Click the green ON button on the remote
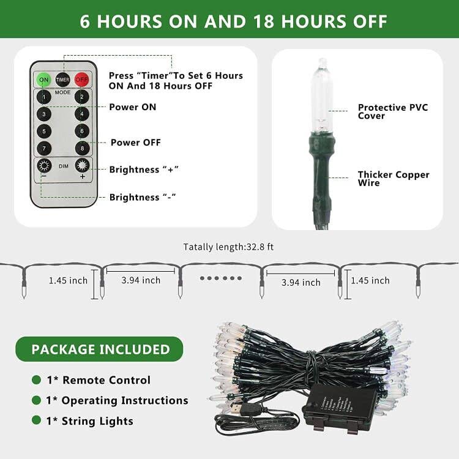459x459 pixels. point(43,80)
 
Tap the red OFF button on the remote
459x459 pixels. point(81,80)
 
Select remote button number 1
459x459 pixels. point(43,97)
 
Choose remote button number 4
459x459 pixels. point(81,114)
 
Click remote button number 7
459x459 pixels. point(43,148)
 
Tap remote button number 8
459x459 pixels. point(81,148)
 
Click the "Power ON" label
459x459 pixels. point(132,107)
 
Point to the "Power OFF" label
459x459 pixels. point(135,143)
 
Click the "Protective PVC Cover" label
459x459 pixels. point(393,111)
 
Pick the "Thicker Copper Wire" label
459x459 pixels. point(394,179)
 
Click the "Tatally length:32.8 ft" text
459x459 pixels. point(229,247)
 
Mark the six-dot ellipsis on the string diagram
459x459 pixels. point(221,277)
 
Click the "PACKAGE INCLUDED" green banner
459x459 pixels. point(100,349)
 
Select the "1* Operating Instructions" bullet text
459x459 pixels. point(117,400)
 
